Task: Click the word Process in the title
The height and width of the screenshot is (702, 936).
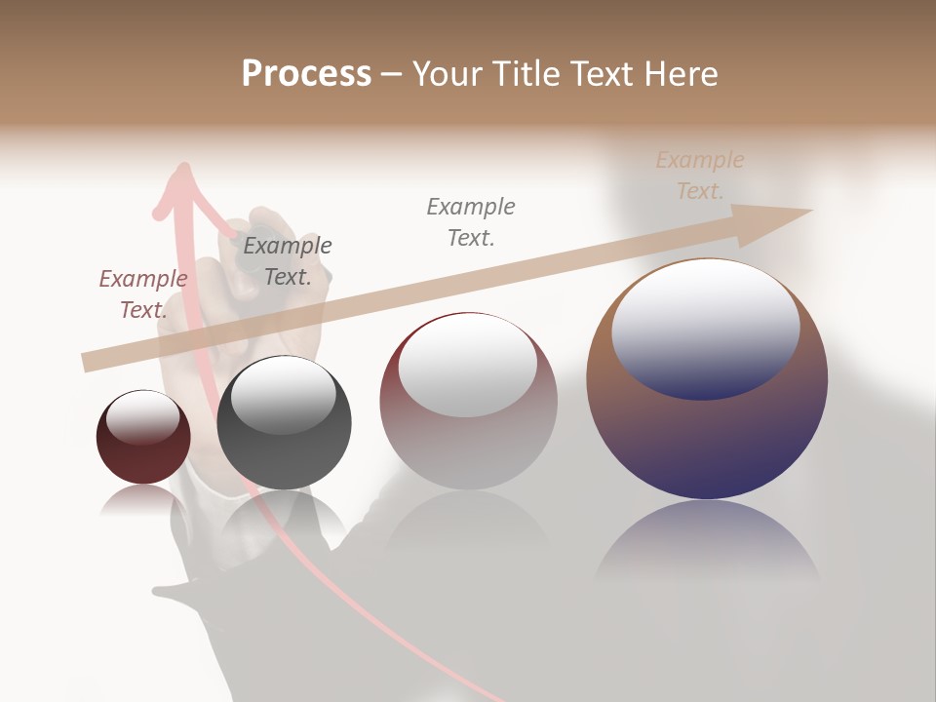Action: tap(306, 74)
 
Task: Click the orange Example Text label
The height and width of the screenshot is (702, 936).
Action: tap(700, 175)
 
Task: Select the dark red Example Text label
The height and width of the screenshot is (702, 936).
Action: tap(143, 294)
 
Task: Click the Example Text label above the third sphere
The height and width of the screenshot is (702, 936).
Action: tap(471, 221)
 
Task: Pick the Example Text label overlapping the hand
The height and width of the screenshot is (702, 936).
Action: tap(288, 261)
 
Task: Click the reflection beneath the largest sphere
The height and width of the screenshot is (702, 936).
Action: tap(707, 546)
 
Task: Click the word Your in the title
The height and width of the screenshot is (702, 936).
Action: tap(448, 74)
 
